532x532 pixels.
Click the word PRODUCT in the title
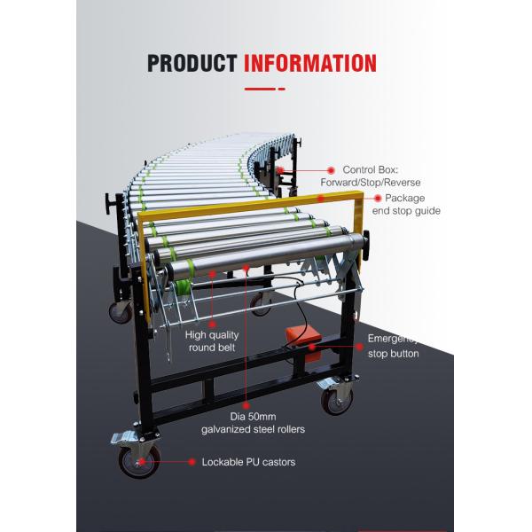(192, 63)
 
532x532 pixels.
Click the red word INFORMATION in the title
(309, 63)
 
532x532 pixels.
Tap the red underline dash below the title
(264, 90)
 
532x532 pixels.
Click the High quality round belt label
(213, 341)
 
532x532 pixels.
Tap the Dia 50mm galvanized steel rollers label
(267, 422)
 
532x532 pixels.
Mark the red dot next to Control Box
(331, 168)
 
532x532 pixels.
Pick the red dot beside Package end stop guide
(378, 199)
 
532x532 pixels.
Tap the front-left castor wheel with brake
(139, 459)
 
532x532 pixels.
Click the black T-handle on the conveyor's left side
(110, 205)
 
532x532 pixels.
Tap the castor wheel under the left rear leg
(120, 312)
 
